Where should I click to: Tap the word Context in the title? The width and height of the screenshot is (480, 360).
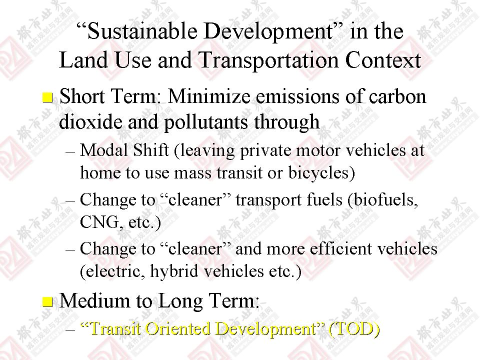coord(383,60)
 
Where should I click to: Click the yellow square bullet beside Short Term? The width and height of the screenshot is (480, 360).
coord(47,97)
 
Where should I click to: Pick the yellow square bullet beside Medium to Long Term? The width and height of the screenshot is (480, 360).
coord(47,302)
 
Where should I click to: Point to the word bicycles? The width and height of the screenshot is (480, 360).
coord(319,173)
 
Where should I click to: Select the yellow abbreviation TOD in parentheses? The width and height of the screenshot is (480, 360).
coord(354,329)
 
